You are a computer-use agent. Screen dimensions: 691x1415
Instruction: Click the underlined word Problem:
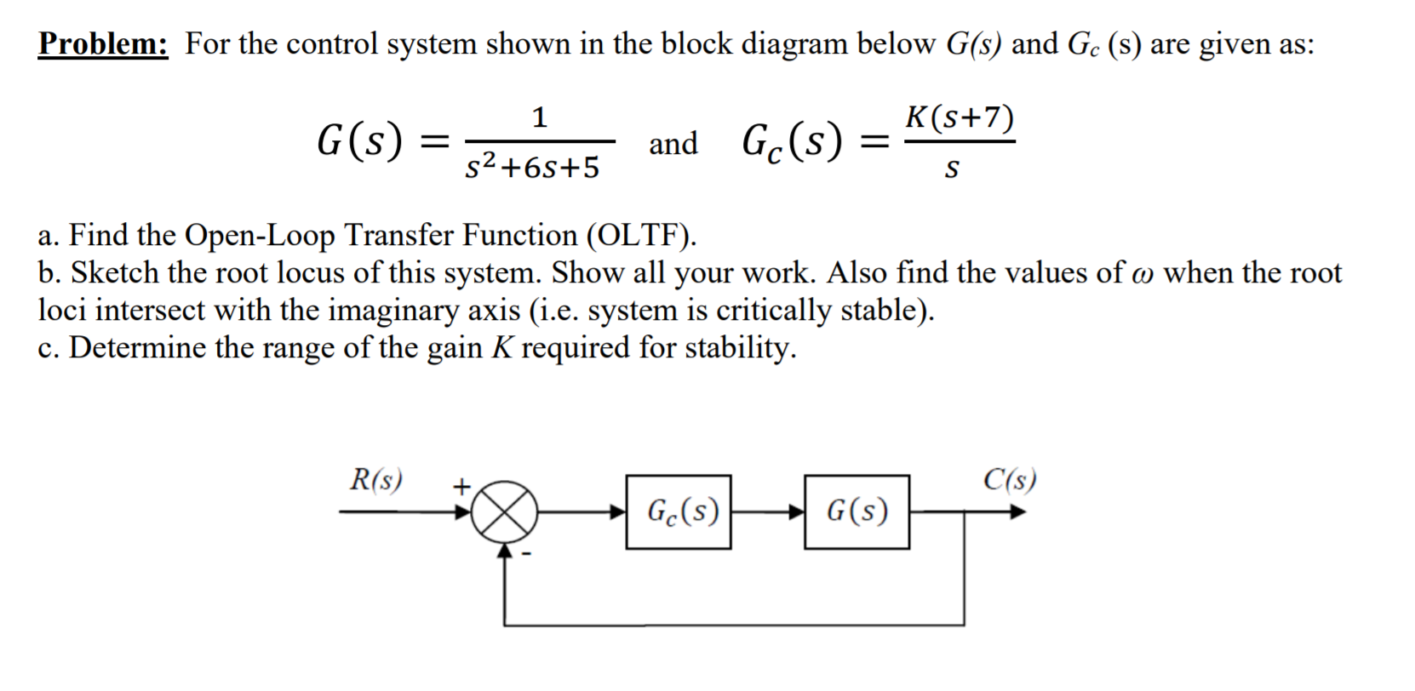(x=103, y=43)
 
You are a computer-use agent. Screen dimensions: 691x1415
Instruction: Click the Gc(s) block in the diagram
(x=679, y=511)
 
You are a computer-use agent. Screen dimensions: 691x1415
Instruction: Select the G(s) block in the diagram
(x=856, y=511)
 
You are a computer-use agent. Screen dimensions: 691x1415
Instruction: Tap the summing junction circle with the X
(x=505, y=512)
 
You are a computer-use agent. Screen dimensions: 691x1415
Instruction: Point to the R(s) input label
(x=376, y=480)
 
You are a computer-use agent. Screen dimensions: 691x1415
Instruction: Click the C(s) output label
(x=1010, y=480)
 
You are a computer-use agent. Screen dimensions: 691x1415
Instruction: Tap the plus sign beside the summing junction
(x=461, y=487)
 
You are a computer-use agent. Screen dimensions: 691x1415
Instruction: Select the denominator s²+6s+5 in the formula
(x=533, y=168)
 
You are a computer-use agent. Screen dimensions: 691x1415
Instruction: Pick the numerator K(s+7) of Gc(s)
(x=960, y=117)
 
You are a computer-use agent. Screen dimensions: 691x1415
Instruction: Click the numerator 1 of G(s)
(x=539, y=117)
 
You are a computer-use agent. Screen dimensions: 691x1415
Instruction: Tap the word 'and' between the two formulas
(x=673, y=143)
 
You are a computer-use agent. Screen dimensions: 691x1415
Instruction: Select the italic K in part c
(x=501, y=347)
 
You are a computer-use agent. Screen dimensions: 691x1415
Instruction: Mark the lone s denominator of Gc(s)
(x=952, y=169)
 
